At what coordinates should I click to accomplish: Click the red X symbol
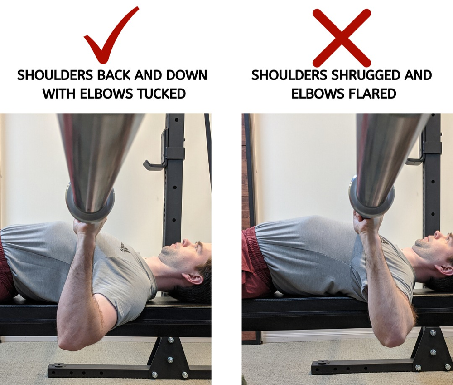click(342, 38)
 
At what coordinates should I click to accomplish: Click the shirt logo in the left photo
click(121, 247)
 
